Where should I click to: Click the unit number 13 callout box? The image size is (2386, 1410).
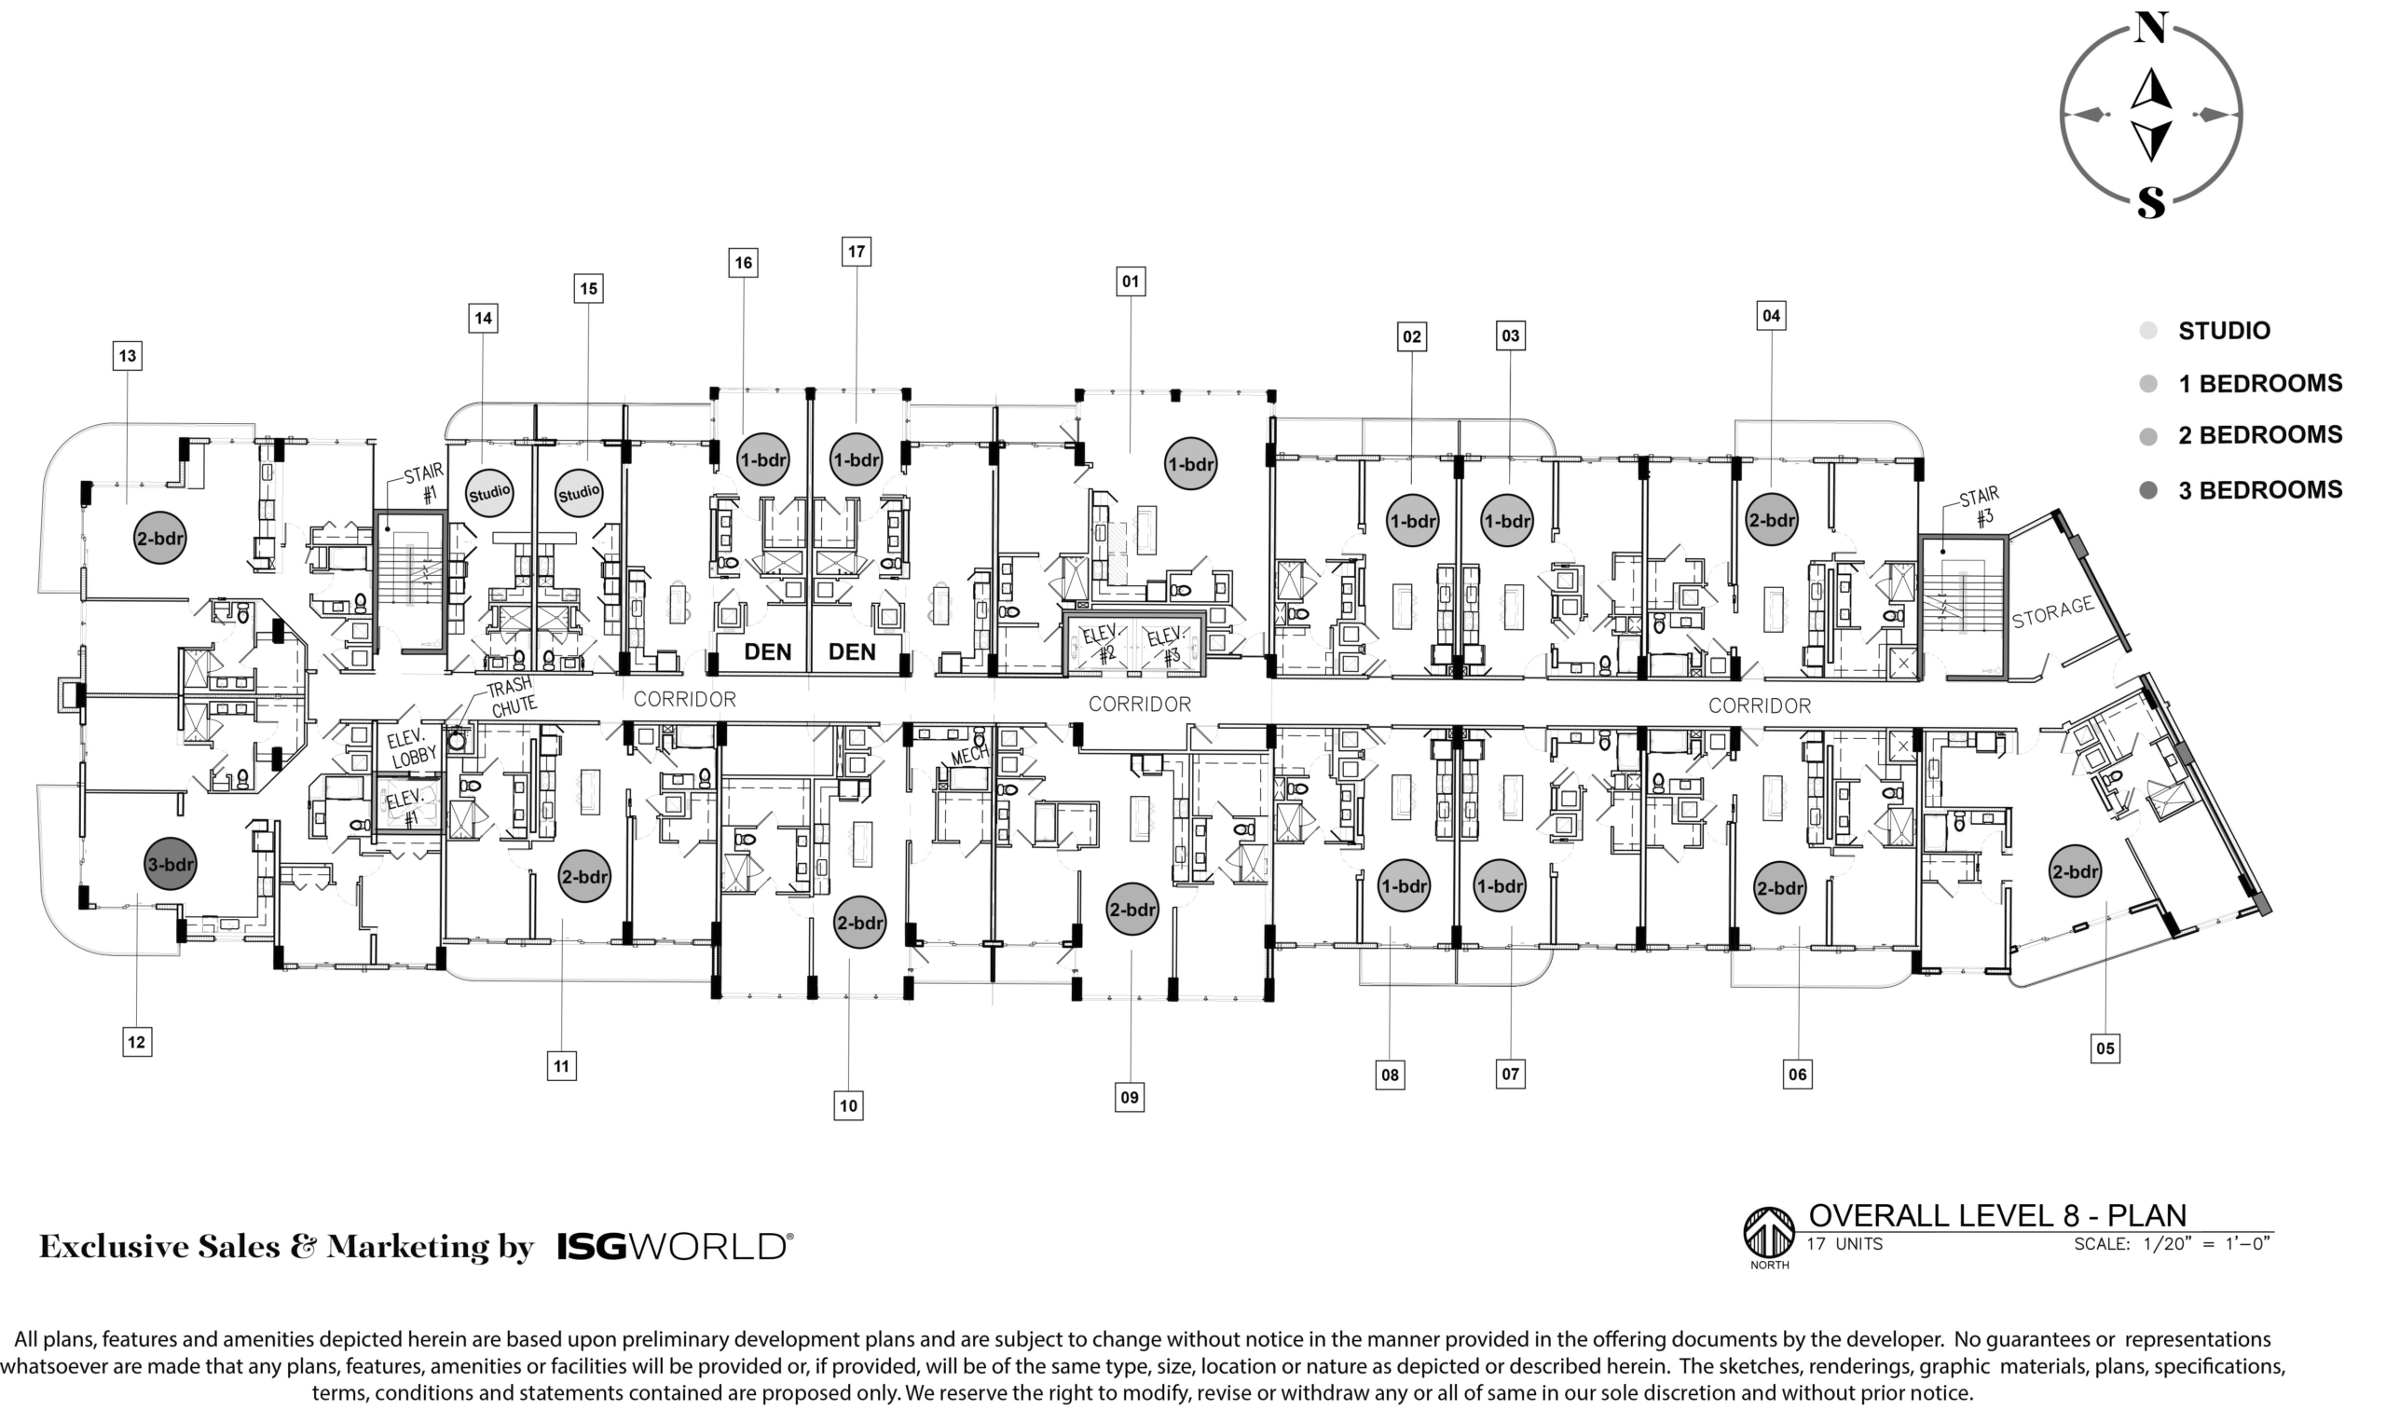tap(128, 355)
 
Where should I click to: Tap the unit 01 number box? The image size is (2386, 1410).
tap(1130, 281)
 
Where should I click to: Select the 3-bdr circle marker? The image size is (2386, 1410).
tap(171, 864)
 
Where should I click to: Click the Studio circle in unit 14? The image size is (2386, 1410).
tap(489, 492)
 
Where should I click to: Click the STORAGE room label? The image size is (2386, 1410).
tap(2053, 612)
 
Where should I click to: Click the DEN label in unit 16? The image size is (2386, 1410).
tap(768, 651)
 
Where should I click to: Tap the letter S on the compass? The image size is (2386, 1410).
tap(2151, 200)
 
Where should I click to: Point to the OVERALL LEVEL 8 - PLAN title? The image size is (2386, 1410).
tap(1997, 1215)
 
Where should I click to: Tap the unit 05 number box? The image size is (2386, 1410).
tap(2105, 1048)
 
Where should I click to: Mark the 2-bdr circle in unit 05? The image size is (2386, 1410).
tap(2075, 871)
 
